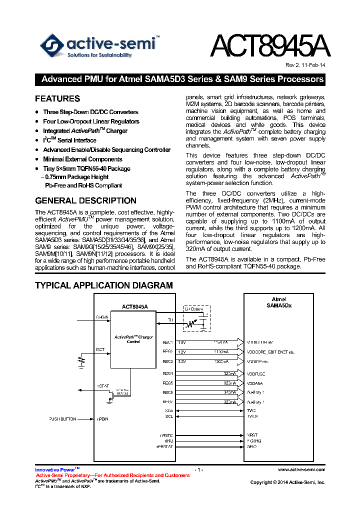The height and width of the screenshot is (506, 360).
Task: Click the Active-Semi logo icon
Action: (x=52, y=45)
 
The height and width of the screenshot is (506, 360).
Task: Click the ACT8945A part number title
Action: (x=269, y=46)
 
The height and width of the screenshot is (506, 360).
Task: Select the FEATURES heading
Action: (x=57, y=98)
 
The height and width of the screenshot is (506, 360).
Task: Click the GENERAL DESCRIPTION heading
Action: (x=85, y=200)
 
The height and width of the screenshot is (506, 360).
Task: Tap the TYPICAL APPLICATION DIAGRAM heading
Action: (x=103, y=285)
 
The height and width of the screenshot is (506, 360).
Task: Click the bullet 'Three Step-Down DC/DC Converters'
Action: (x=90, y=112)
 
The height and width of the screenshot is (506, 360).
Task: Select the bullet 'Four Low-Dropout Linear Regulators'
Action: (x=91, y=121)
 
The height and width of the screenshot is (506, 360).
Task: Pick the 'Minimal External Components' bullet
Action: (x=82, y=159)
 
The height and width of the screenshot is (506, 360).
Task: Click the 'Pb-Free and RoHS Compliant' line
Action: (x=83, y=185)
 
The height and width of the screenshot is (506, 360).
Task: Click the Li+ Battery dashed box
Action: (x=195, y=318)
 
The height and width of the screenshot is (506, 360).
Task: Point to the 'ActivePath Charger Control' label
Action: (x=133, y=339)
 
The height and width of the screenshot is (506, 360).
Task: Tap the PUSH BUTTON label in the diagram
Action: (x=62, y=418)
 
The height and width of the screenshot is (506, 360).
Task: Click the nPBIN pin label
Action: (x=102, y=418)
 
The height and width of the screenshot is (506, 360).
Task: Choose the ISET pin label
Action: (x=100, y=350)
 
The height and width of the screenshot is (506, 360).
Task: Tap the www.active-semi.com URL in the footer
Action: (x=301, y=469)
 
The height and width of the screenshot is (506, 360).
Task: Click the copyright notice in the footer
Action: (x=287, y=482)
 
